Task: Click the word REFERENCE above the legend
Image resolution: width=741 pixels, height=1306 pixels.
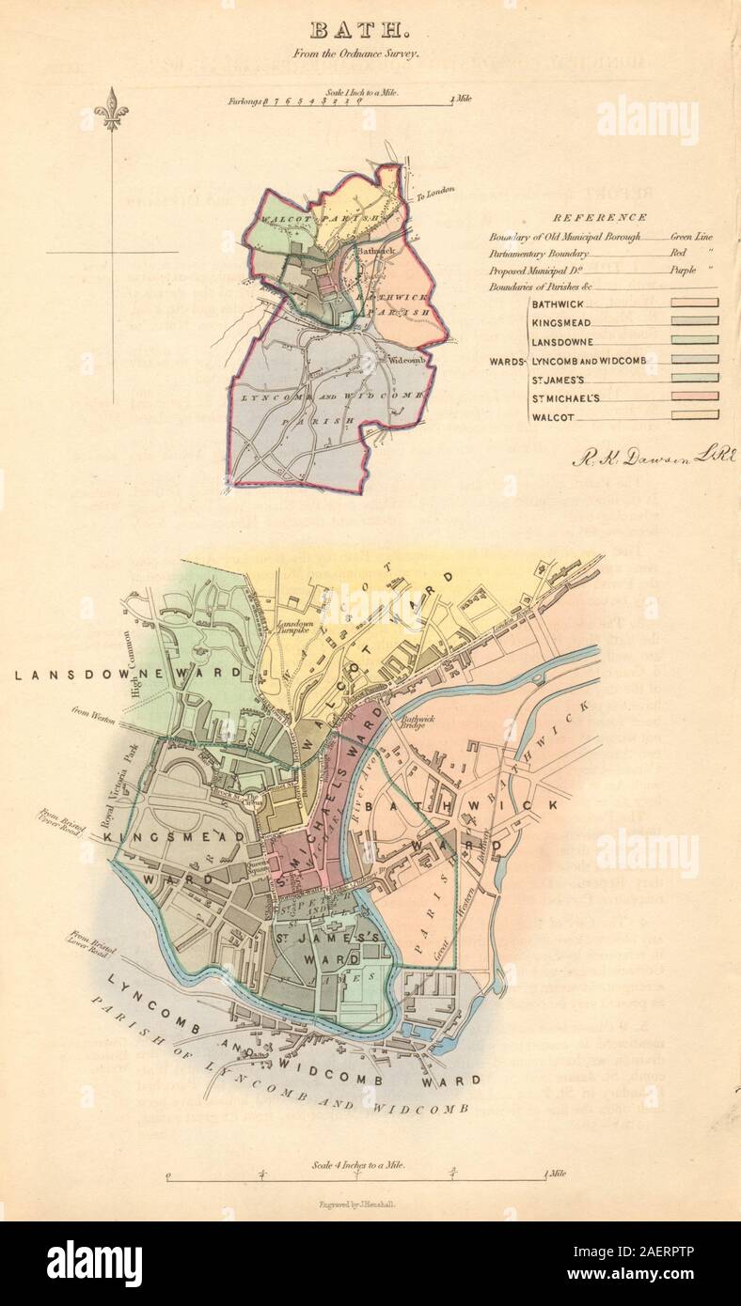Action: coord(599,216)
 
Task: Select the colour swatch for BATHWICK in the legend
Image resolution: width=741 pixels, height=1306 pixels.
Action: coord(695,303)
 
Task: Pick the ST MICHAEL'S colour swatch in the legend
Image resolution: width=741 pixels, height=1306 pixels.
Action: coord(695,396)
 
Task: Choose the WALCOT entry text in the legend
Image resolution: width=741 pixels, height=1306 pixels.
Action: coord(553,415)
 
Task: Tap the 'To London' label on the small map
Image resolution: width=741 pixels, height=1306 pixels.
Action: coord(434,193)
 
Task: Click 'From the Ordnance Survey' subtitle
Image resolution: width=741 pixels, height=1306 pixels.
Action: coord(370,54)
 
